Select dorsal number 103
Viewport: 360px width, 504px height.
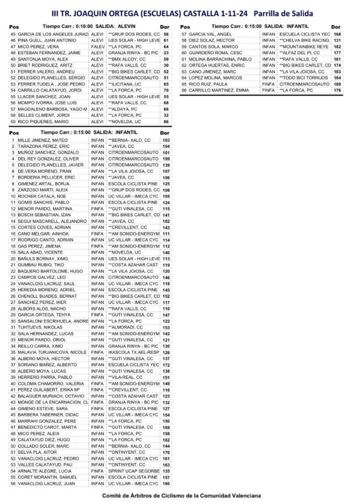166,140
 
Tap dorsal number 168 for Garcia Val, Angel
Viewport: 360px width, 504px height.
337,34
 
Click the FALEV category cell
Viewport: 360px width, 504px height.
97,46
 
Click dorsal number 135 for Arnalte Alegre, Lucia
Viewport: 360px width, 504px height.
166,471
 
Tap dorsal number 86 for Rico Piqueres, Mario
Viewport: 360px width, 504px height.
166,122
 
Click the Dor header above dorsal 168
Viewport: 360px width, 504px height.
336,27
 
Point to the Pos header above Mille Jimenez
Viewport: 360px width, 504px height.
14,133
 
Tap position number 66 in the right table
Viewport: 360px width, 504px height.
183,91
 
